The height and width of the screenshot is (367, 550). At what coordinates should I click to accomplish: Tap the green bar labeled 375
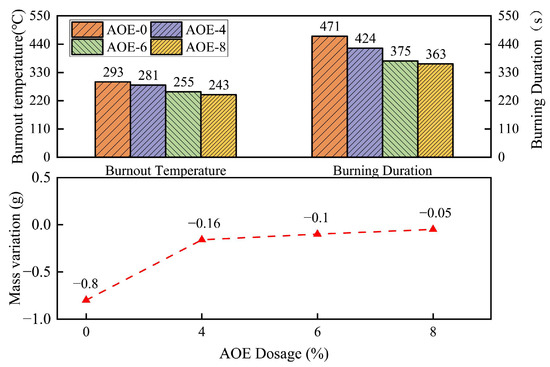pos(400,109)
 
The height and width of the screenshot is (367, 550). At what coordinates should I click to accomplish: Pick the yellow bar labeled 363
pos(435,111)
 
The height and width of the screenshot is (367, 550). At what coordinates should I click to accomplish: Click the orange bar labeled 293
pos(112,120)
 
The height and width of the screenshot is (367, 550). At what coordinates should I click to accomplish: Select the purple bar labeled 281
pos(148,121)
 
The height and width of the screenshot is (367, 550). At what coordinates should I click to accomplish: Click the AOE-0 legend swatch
pos(87,29)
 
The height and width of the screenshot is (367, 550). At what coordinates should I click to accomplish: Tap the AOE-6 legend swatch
pos(87,47)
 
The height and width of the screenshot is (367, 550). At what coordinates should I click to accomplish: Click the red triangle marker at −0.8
pos(86,299)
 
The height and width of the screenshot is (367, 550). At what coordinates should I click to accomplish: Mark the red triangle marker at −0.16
pos(202,239)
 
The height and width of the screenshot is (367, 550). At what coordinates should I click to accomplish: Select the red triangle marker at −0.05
pos(433,229)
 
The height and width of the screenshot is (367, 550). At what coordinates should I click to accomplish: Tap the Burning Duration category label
pos(381,171)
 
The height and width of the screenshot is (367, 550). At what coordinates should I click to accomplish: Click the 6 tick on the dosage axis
pos(317,332)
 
